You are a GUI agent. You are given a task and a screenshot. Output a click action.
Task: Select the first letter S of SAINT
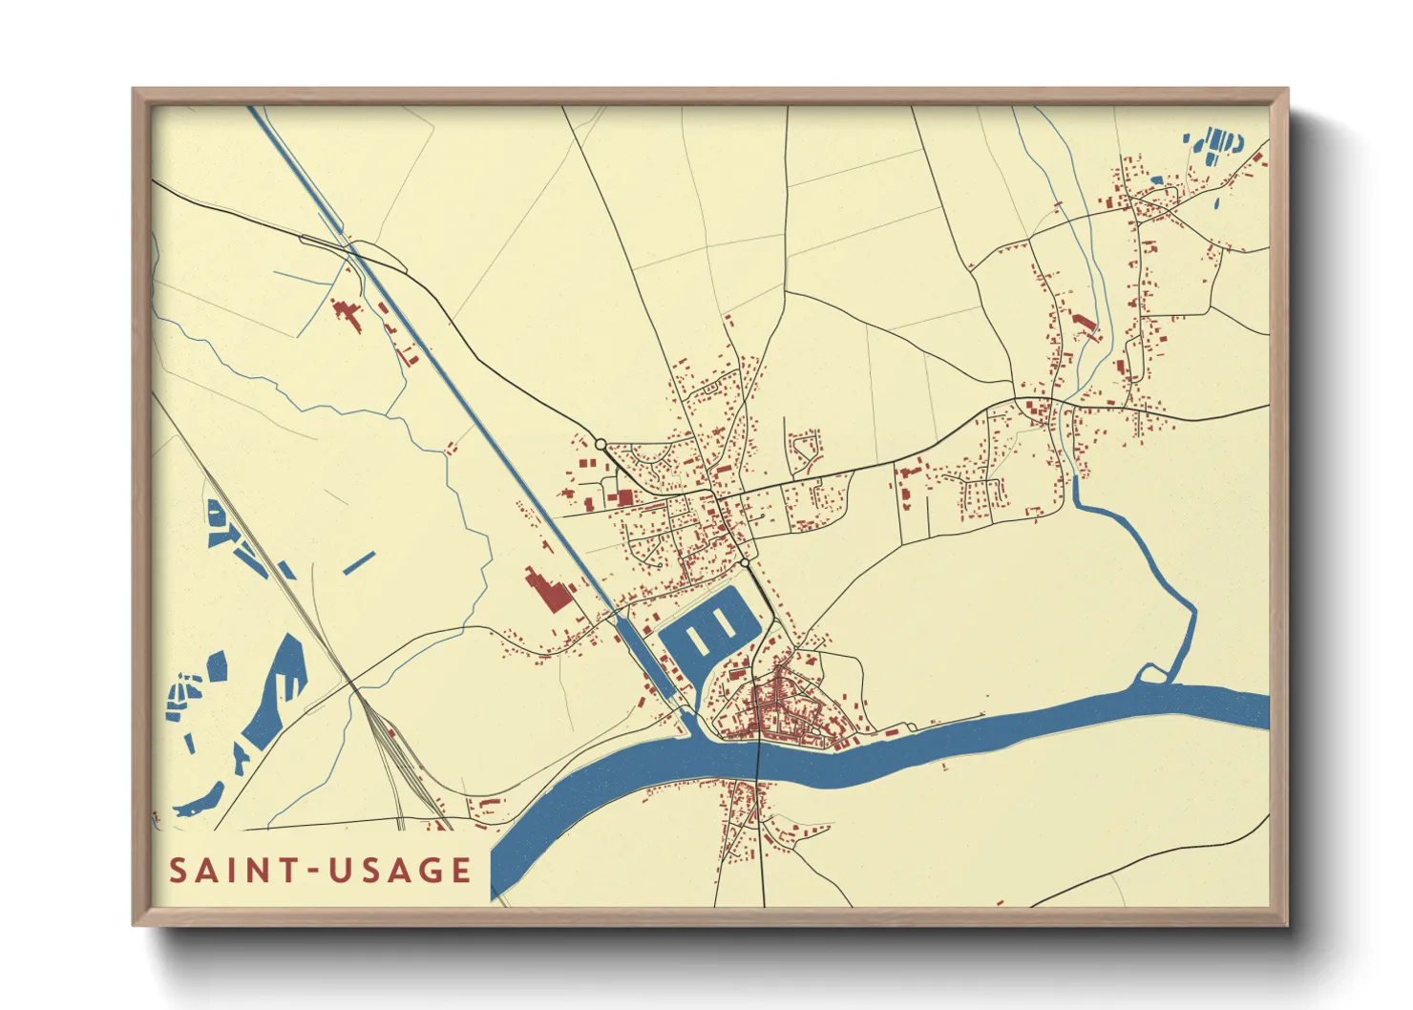179,871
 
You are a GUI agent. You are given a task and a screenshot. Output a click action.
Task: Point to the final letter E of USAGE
461,871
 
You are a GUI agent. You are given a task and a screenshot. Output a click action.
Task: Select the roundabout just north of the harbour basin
745,563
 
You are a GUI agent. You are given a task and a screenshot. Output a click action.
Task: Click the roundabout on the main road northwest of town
601,444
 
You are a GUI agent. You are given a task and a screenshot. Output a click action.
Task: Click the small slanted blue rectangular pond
359,563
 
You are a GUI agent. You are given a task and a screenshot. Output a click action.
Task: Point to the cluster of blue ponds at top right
1217,145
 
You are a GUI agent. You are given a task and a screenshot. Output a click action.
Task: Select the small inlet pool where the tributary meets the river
1152,675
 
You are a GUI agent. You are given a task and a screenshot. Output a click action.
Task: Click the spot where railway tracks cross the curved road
355,688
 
